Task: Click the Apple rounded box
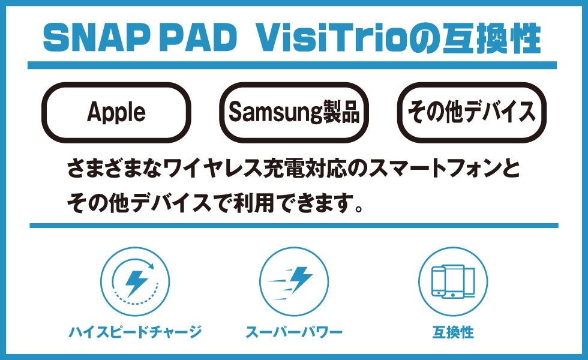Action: click(116, 112)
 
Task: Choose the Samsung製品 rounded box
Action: click(294, 112)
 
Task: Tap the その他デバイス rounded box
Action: click(472, 112)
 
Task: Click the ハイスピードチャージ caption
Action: click(135, 331)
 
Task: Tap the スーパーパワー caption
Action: click(294, 331)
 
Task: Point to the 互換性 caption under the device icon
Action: click(453, 331)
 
